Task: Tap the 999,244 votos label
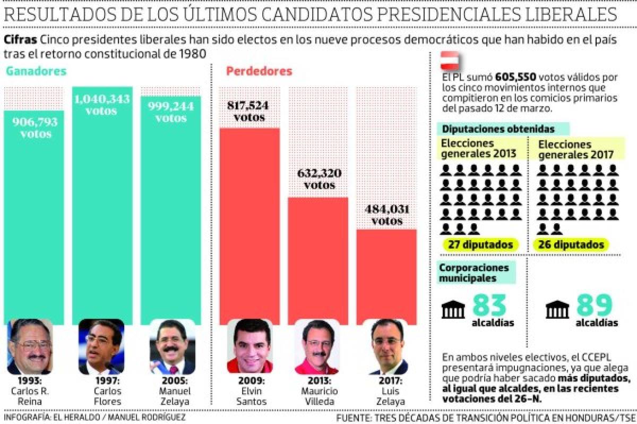[x=170, y=112]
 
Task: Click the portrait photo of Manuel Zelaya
[x=171, y=346]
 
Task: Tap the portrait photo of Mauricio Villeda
[x=317, y=346]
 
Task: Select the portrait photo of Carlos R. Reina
[x=30, y=346]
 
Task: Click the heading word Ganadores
[x=36, y=71]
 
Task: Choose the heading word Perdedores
[x=259, y=71]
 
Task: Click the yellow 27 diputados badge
[x=480, y=245]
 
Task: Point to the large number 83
[x=489, y=306]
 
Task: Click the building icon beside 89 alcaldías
[x=557, y=310]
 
